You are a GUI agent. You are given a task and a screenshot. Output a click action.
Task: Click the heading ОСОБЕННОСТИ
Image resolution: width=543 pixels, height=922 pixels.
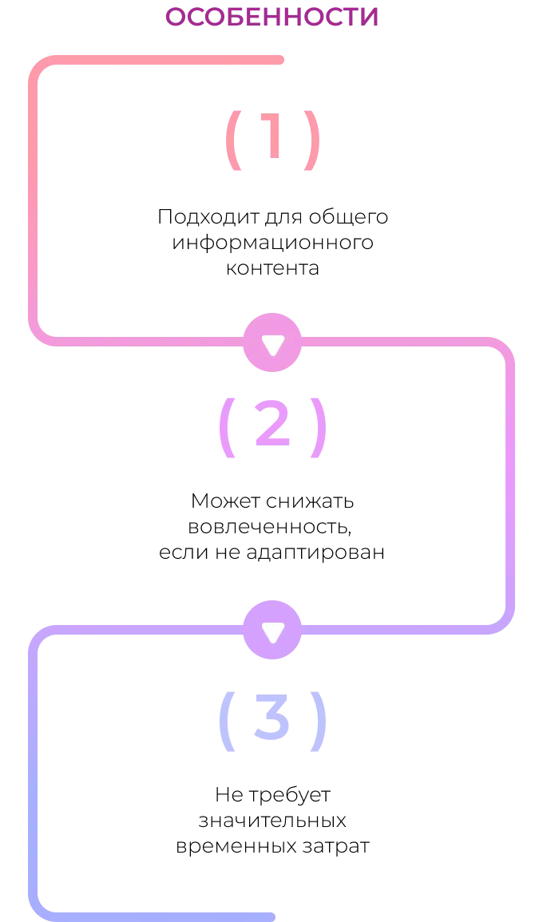point(271,17)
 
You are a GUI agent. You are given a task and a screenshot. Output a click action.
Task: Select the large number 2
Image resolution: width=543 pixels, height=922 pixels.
point(272,423)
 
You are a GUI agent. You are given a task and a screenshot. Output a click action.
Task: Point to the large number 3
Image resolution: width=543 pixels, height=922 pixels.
point(271,716)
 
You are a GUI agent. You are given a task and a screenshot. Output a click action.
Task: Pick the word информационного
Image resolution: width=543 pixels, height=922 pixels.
point(272,242)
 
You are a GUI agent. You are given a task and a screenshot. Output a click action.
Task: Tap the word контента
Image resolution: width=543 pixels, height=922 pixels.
point(272,268)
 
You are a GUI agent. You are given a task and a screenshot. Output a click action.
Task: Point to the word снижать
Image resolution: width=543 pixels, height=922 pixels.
point(310,501)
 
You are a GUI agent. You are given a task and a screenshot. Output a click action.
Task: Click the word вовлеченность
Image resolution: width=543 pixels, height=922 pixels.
point(270,527)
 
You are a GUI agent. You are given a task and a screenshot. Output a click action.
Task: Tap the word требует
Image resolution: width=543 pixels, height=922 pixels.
point(289,795)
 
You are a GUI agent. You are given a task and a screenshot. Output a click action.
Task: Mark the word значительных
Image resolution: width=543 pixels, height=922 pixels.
point(271,821)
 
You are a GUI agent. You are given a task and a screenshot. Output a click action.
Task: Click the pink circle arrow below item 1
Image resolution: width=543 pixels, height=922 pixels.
point(272,342)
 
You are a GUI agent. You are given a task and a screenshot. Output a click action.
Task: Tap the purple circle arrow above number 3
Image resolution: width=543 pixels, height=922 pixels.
point(272,630)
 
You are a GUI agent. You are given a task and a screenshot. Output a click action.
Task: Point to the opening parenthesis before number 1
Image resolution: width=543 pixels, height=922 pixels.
point(233,140)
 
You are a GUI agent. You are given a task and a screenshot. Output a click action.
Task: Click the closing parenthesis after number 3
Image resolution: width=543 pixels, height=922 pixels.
point(319,721)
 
